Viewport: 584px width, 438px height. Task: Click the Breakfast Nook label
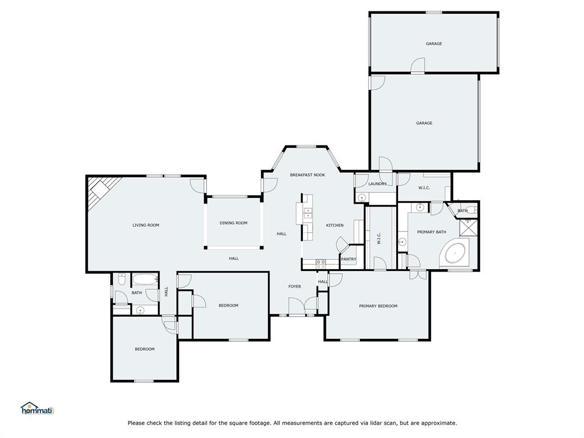click(307, 175)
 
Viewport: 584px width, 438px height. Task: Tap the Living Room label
click(145, 225)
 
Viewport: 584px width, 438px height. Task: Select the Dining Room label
click(233, 223)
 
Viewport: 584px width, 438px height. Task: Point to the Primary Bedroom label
click(378, 306)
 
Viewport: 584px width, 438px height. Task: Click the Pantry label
click(348, 259)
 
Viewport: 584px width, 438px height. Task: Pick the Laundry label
click(378, 184)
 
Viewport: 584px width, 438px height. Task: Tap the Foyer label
click(294, 286)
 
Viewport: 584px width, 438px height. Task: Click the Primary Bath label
click(431, 232)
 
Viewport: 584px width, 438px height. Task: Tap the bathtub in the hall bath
click(145, 279)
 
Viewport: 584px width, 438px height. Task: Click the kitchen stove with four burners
click(321, 263)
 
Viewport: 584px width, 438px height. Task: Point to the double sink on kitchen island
click(308, 213)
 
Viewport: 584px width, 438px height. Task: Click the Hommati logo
click(36, 408)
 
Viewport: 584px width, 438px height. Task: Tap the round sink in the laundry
click(362, 197)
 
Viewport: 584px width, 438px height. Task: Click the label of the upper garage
click(433, 44)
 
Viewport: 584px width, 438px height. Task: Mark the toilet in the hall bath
click(121, 279)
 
